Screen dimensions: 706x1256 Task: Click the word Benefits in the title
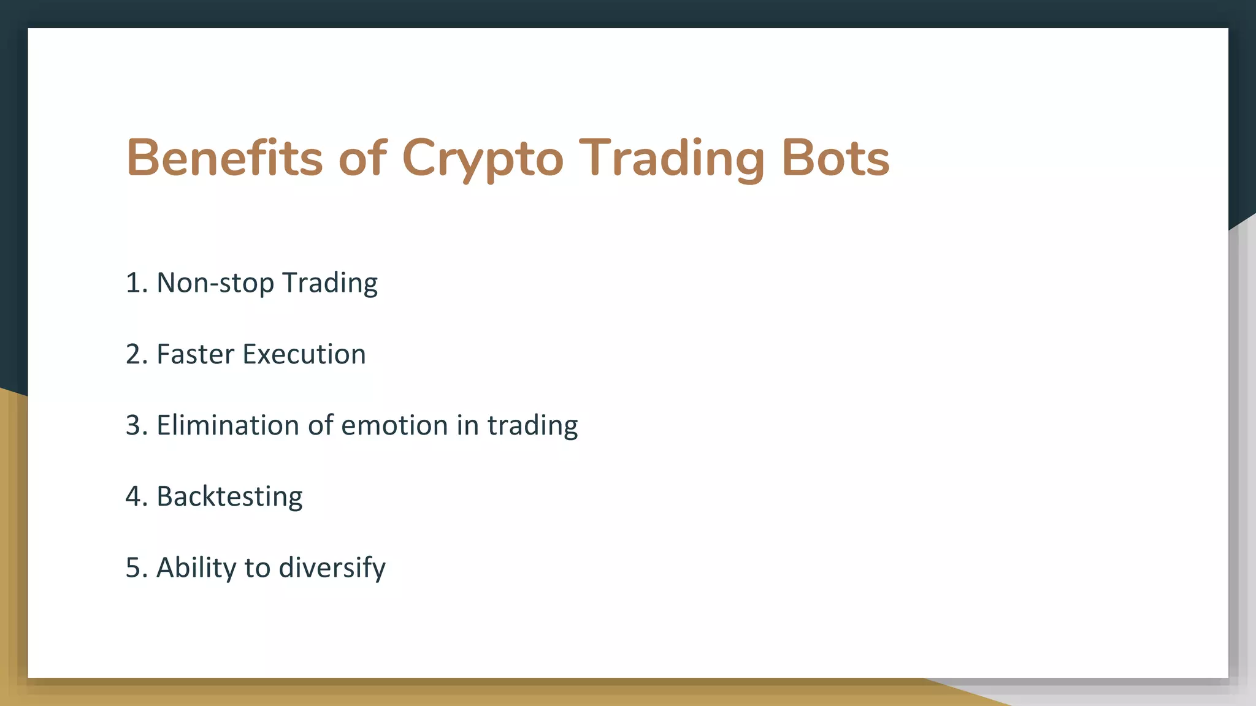[x=224, y=158]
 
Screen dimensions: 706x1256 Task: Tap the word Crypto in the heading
[x=482, y=159]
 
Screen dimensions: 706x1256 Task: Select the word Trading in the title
[x=672, y=159]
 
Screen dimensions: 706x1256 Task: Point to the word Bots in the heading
[x=835, y=158]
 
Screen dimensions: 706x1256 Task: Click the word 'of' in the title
[x=362, y=158]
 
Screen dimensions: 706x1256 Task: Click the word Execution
[x=304, y=354]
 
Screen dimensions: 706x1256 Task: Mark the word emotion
[x=394, y=425]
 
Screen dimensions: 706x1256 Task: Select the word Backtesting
[x=229, y=497]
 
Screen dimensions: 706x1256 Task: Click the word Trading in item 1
[x=330, y=284]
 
